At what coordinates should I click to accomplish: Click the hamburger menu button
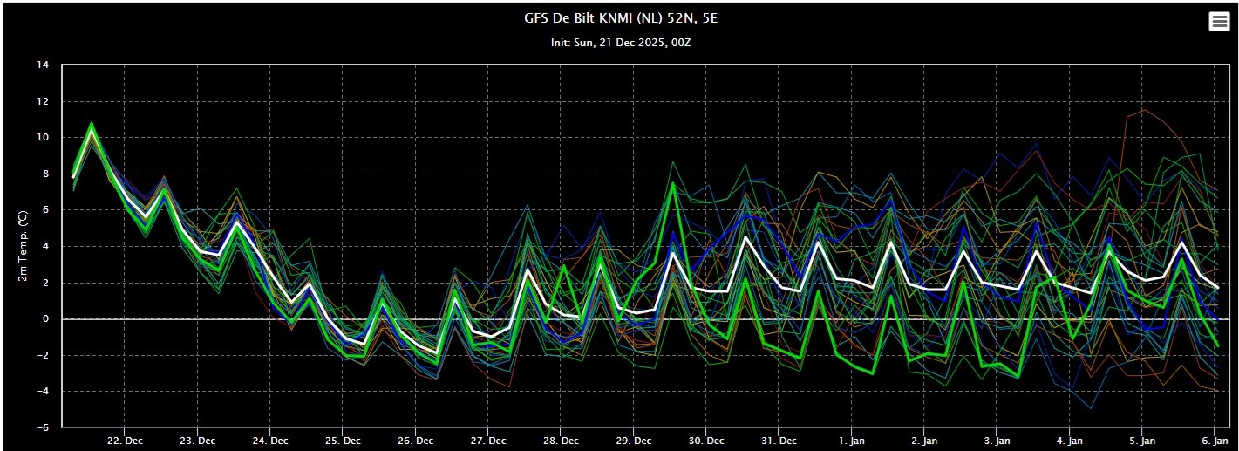pos(1219,22)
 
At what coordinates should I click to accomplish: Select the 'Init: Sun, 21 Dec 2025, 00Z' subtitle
pos(619,42)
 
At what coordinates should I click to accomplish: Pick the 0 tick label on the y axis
pos(45,319)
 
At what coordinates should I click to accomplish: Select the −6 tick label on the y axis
pos(42,427)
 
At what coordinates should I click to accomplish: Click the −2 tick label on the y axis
pos(42,355)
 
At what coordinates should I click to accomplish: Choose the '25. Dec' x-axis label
pos(343,440)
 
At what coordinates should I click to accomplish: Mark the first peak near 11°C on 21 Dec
pos(92,124)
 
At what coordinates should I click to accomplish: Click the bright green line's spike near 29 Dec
pos(672,184)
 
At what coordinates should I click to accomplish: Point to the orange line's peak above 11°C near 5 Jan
pos(1144,109)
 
